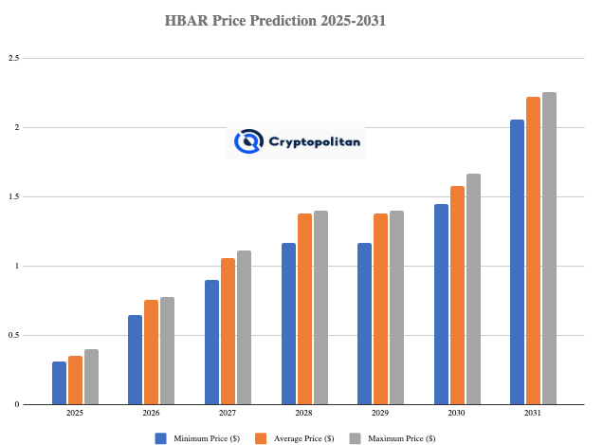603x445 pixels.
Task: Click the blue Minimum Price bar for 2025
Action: click(59, 382)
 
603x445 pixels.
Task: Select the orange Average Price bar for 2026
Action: click(151, 352)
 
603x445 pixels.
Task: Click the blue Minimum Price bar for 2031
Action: click(518, 262)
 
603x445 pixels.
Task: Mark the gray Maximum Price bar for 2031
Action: click(549, 249)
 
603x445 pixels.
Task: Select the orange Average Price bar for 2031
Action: click(534, 250)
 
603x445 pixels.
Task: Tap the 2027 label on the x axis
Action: click(228, 414)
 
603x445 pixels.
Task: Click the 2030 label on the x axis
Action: click(457, 414)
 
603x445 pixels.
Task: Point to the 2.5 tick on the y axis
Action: click(14, 58)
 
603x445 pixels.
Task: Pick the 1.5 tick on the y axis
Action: click(14, 196)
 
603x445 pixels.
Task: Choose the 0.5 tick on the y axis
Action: click(14, 335)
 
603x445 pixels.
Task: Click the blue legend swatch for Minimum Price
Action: click(160, 437)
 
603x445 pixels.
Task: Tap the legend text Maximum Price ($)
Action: click(403, 437)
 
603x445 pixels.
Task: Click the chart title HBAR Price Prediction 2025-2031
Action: click(301, 19)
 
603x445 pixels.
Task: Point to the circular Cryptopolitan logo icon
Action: click(248, 142)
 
